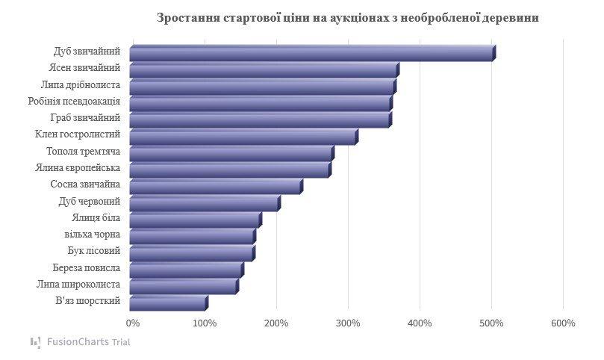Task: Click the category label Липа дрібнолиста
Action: (x=81, y=84)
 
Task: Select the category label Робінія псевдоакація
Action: (x=73, y=101)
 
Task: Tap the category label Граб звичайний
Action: (x=85, y=118)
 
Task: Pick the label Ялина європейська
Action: (x=78, y=168)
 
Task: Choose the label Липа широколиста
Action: (x=78, y=285)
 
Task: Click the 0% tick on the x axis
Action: (x=133, y=323)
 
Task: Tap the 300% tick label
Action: (x=348, y=323)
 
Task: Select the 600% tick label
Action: (x=563, y=323)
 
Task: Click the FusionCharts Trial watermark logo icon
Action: (x=36, y=342)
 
